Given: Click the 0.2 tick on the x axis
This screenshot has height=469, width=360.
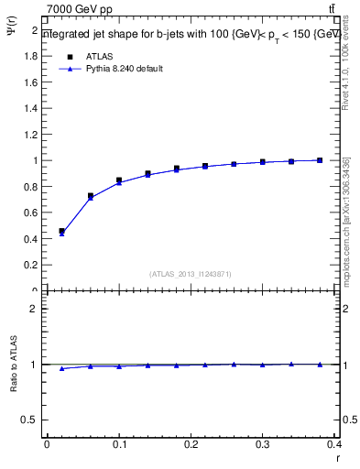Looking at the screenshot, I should pos(191,443).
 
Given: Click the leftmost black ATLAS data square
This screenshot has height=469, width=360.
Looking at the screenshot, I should pos(61,232).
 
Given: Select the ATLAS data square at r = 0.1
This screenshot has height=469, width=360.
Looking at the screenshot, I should pos(119,180).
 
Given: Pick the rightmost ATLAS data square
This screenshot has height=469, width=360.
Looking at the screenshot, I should pos(320,160).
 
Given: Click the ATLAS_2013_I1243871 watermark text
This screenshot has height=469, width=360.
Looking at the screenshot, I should pos(191,274).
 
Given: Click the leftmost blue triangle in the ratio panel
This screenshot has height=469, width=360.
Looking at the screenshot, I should pos(61,368).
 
